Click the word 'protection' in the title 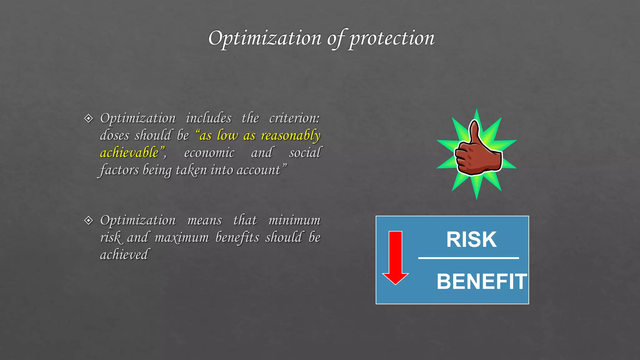coord(392,38)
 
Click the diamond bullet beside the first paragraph coord(89,118)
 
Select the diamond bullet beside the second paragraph coord(89,220)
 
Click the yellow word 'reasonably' coord(291,136)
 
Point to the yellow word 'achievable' coord(129,153)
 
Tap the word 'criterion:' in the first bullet coord(294,118)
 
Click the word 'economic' coord(209,153)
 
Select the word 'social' coord(305,153)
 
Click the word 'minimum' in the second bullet coord(294,220)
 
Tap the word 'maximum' coord(182,237)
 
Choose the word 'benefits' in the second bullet coord(237,237)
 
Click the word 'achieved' coord(124,255)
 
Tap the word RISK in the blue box coord(471,240)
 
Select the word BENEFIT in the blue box coord(482,282)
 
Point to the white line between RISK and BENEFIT coord(468,258)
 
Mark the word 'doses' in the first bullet coord(114,136)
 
